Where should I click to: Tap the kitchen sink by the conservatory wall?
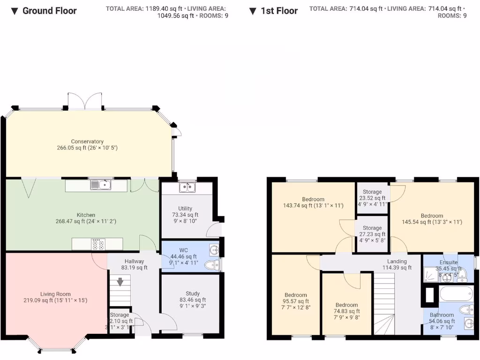point(101,185)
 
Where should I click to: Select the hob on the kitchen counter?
point(98,244)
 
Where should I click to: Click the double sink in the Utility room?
point(187,188)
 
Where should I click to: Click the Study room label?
point(192,294)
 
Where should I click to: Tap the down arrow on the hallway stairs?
point(120,282)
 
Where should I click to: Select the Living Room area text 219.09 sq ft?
point(55,300)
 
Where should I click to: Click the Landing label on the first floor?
point(397,262)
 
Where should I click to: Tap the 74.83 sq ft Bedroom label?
point(346,305)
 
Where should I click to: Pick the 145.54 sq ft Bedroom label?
point(432,216)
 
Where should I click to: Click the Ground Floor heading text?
point(49,11)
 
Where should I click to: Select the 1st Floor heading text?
point(279,11)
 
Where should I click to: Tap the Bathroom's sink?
point(467,323)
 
